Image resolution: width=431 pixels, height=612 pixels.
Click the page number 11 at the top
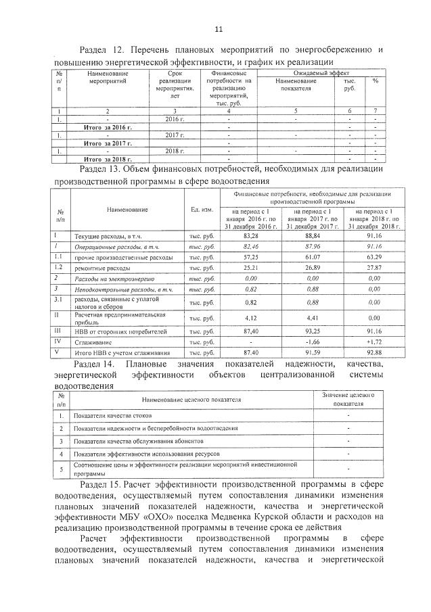pyautogui.click(x=218, y=29)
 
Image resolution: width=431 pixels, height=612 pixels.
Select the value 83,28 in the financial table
pyautogui.click(x=250, y=236)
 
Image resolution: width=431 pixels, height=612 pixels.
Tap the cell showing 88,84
pyautogui.click(x=312, y=236)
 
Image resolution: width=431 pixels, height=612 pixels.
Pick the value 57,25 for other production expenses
pyautogui.click(x=250, y=258)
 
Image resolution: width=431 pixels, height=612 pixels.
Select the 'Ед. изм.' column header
pyautogui.click(x=202, y=210)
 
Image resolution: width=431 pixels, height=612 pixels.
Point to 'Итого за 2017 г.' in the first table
pyautogui.click(x=107, y=143)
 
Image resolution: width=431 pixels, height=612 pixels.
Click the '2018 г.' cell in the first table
pyautogui.click(x=175, y=150)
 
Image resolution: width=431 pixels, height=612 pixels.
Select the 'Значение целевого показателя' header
pyautogui.click(x=348, y=398)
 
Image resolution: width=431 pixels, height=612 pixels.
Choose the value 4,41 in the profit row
pyautogui.click(x=312, y=317)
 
